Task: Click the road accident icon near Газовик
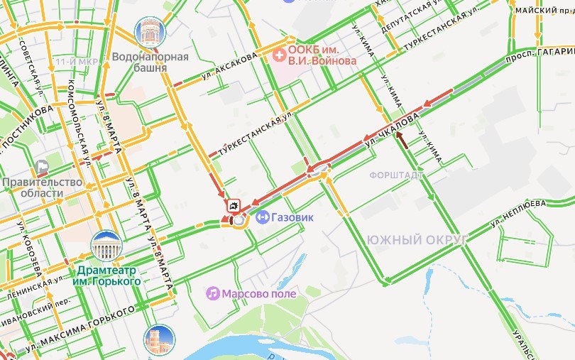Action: (x=233, y=206)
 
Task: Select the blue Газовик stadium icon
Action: (x=262, y=216)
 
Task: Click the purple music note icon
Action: (x=212, y=293)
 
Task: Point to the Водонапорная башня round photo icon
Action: (x=149, y=31)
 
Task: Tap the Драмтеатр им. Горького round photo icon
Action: (x=106, y=246)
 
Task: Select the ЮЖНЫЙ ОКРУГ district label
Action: (x=416, y=240)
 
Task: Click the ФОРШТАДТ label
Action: (x=397, y=175)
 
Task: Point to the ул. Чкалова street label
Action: (x=392, y=128)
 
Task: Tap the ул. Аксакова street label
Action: (x=229, y=65)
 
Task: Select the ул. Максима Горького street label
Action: (x=79, y=329)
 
